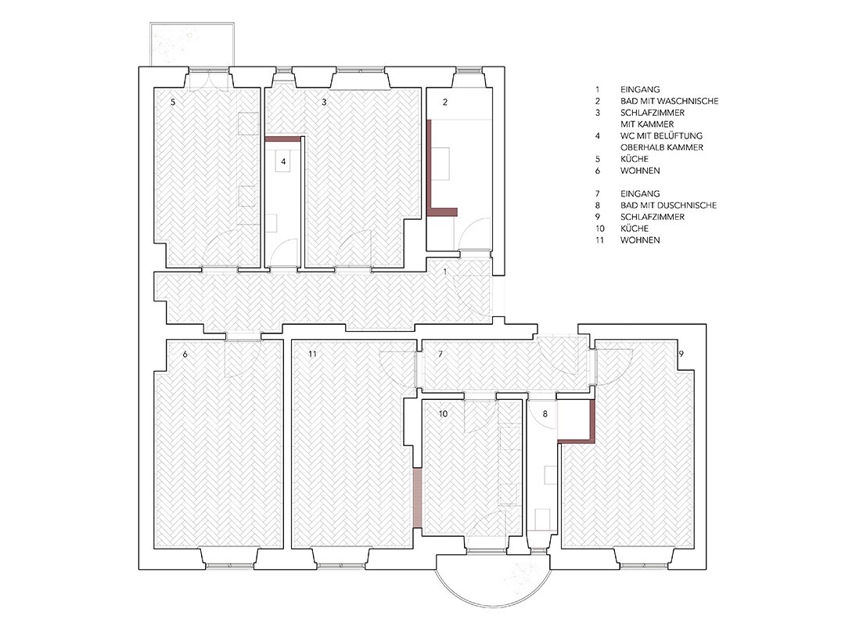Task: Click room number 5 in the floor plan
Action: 173,102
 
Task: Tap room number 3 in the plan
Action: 324,102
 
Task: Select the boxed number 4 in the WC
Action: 283,161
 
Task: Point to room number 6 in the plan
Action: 185,355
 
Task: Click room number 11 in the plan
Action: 312,355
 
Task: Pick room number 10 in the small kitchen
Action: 443,414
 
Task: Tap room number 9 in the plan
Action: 681,355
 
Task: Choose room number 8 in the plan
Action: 545,414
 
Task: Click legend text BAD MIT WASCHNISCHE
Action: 669,101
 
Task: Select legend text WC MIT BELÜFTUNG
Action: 662,136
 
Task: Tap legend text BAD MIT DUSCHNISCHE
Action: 669,205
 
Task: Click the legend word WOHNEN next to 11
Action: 640,240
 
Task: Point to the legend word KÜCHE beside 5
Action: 635,159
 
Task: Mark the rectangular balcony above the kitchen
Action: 192,44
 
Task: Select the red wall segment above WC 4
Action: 283,139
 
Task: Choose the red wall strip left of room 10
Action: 416,498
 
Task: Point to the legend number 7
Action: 598,193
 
